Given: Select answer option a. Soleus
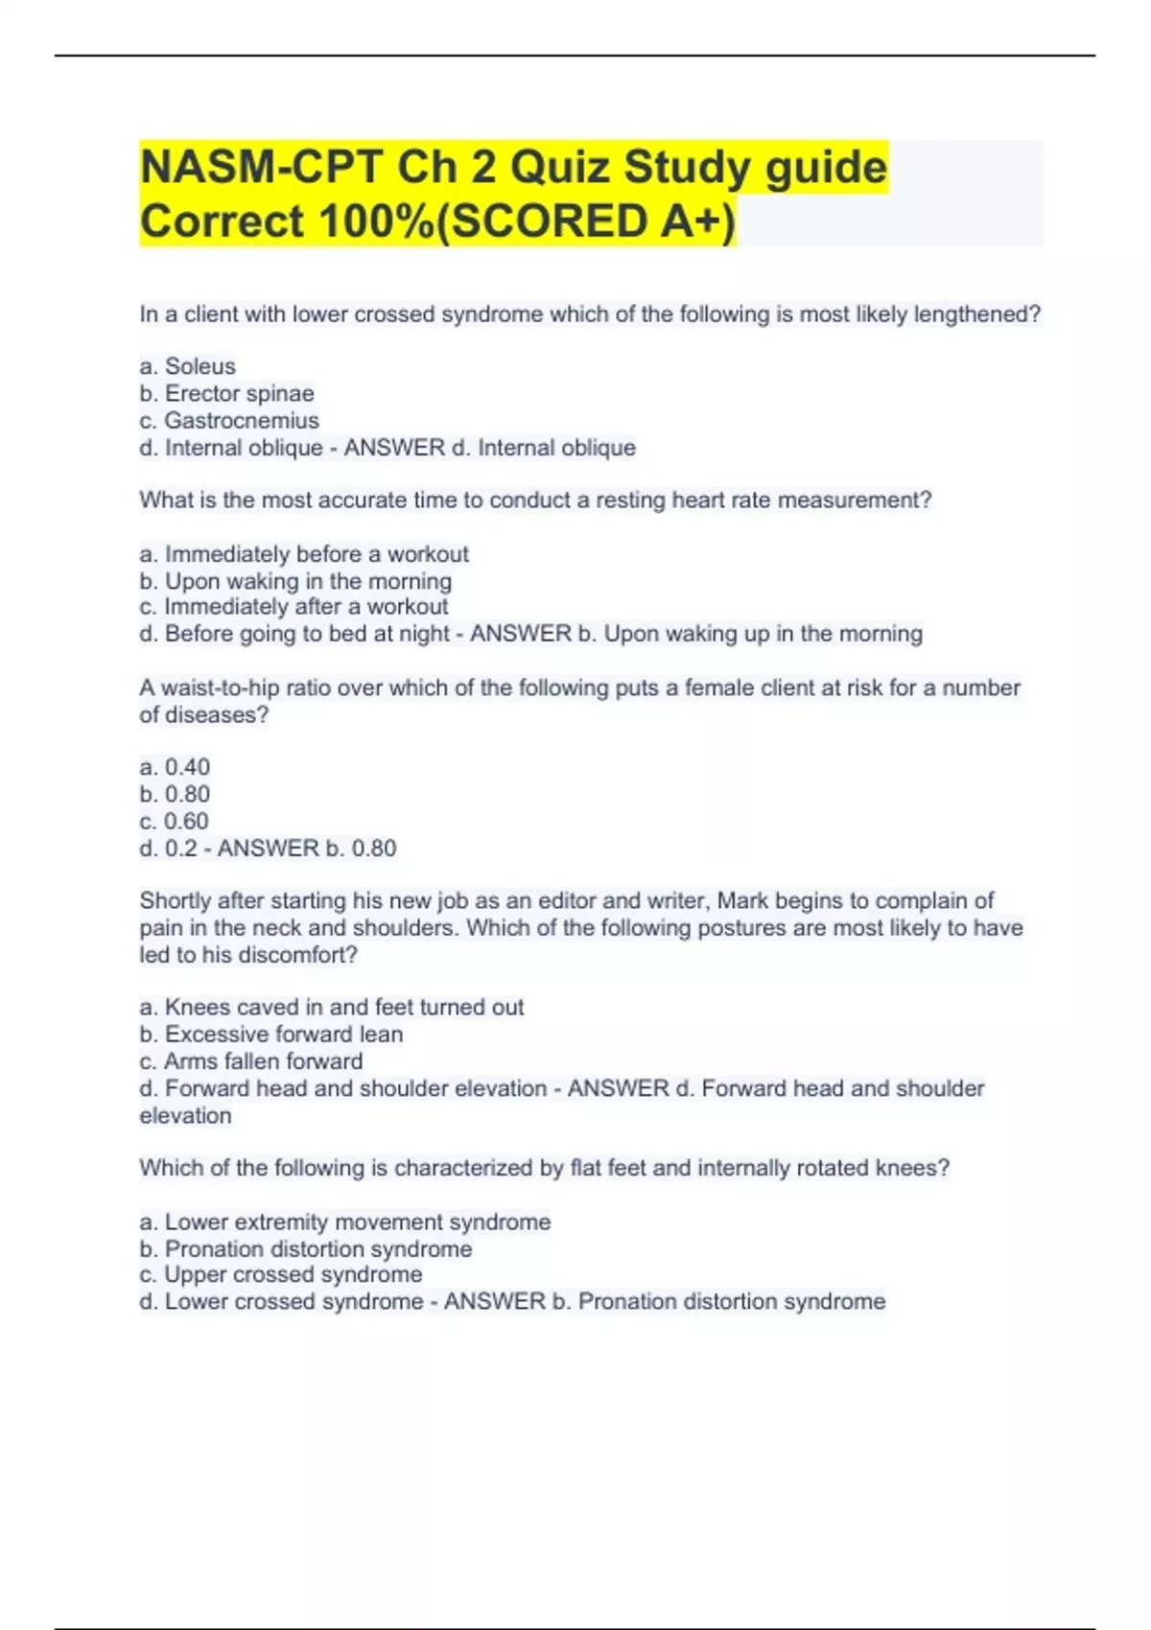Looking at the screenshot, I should [x=188, y=366].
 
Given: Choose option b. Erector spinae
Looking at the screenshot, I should [x=226, y=393].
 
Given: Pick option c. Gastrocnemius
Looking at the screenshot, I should [x=229, y=420].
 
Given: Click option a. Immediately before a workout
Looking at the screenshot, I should [x=304, y=554].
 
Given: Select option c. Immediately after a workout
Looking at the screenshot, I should [x=294, y=607].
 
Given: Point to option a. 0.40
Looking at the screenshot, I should [x=175, y=767].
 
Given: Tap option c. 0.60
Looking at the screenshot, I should [x=174, y=822].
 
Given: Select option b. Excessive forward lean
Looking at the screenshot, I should [x=271, y=1035].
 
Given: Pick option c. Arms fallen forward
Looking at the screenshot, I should [x=251, y=1061].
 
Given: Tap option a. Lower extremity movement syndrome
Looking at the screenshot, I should [x=345, y=1222].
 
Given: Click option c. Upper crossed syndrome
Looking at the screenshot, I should [x=281, y=1275].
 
